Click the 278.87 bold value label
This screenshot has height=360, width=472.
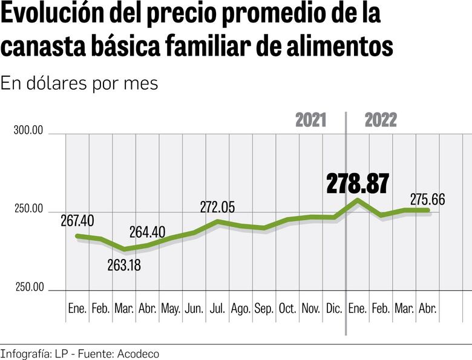click(x=357, y=184)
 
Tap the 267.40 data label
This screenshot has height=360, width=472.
click(x=77, y=221)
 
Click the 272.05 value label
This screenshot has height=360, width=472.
click(x=218, y=208)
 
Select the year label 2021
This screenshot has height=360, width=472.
click(x=310, y=120)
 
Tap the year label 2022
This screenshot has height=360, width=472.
click(x=381, y=120)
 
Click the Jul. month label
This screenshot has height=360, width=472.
click(x=218, y=309)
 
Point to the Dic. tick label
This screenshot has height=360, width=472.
click(x=334, y=309)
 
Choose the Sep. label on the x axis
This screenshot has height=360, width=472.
click(x=264, y=309)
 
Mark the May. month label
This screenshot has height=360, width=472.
click(x=171, y=309)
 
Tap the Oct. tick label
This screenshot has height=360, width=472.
click(x=287, y=309)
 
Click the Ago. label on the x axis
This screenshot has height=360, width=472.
click(x=241, y=309)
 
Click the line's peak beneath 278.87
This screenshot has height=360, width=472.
click(x=358, y=200)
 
